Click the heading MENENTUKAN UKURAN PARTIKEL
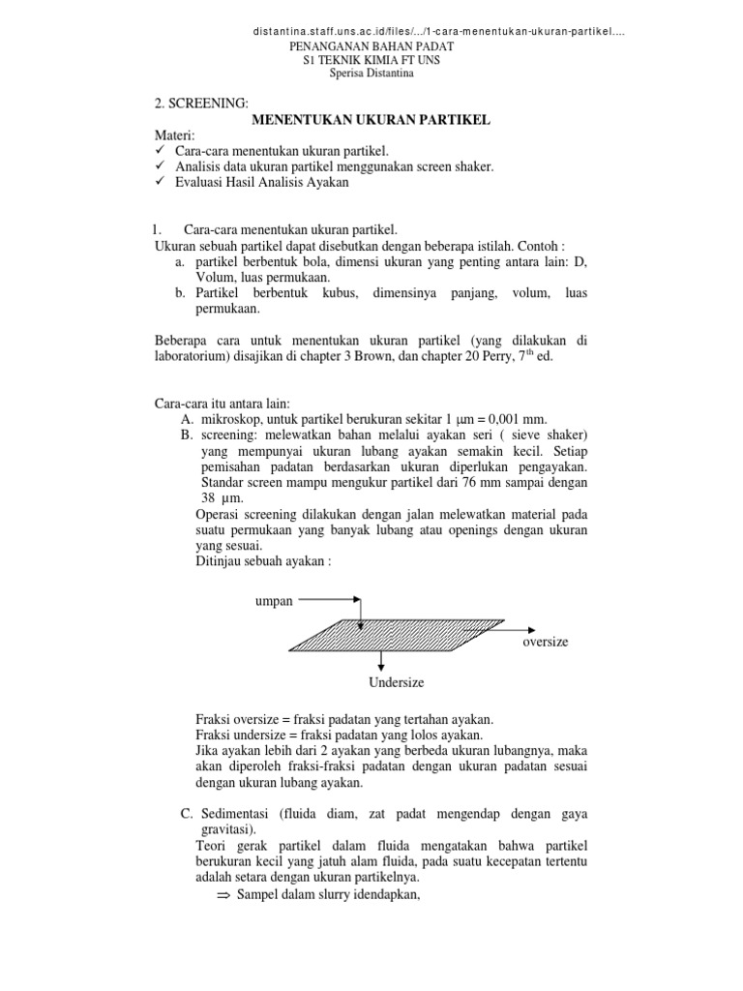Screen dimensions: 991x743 point(371,119)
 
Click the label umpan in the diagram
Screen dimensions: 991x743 point(273,600)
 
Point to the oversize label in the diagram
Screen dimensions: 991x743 point(546,642)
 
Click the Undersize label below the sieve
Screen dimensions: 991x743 point(396,682)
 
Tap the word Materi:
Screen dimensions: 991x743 point(176,136)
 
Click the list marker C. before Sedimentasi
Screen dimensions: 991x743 point(189,811)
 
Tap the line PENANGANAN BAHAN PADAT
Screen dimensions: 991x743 point(371,46)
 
